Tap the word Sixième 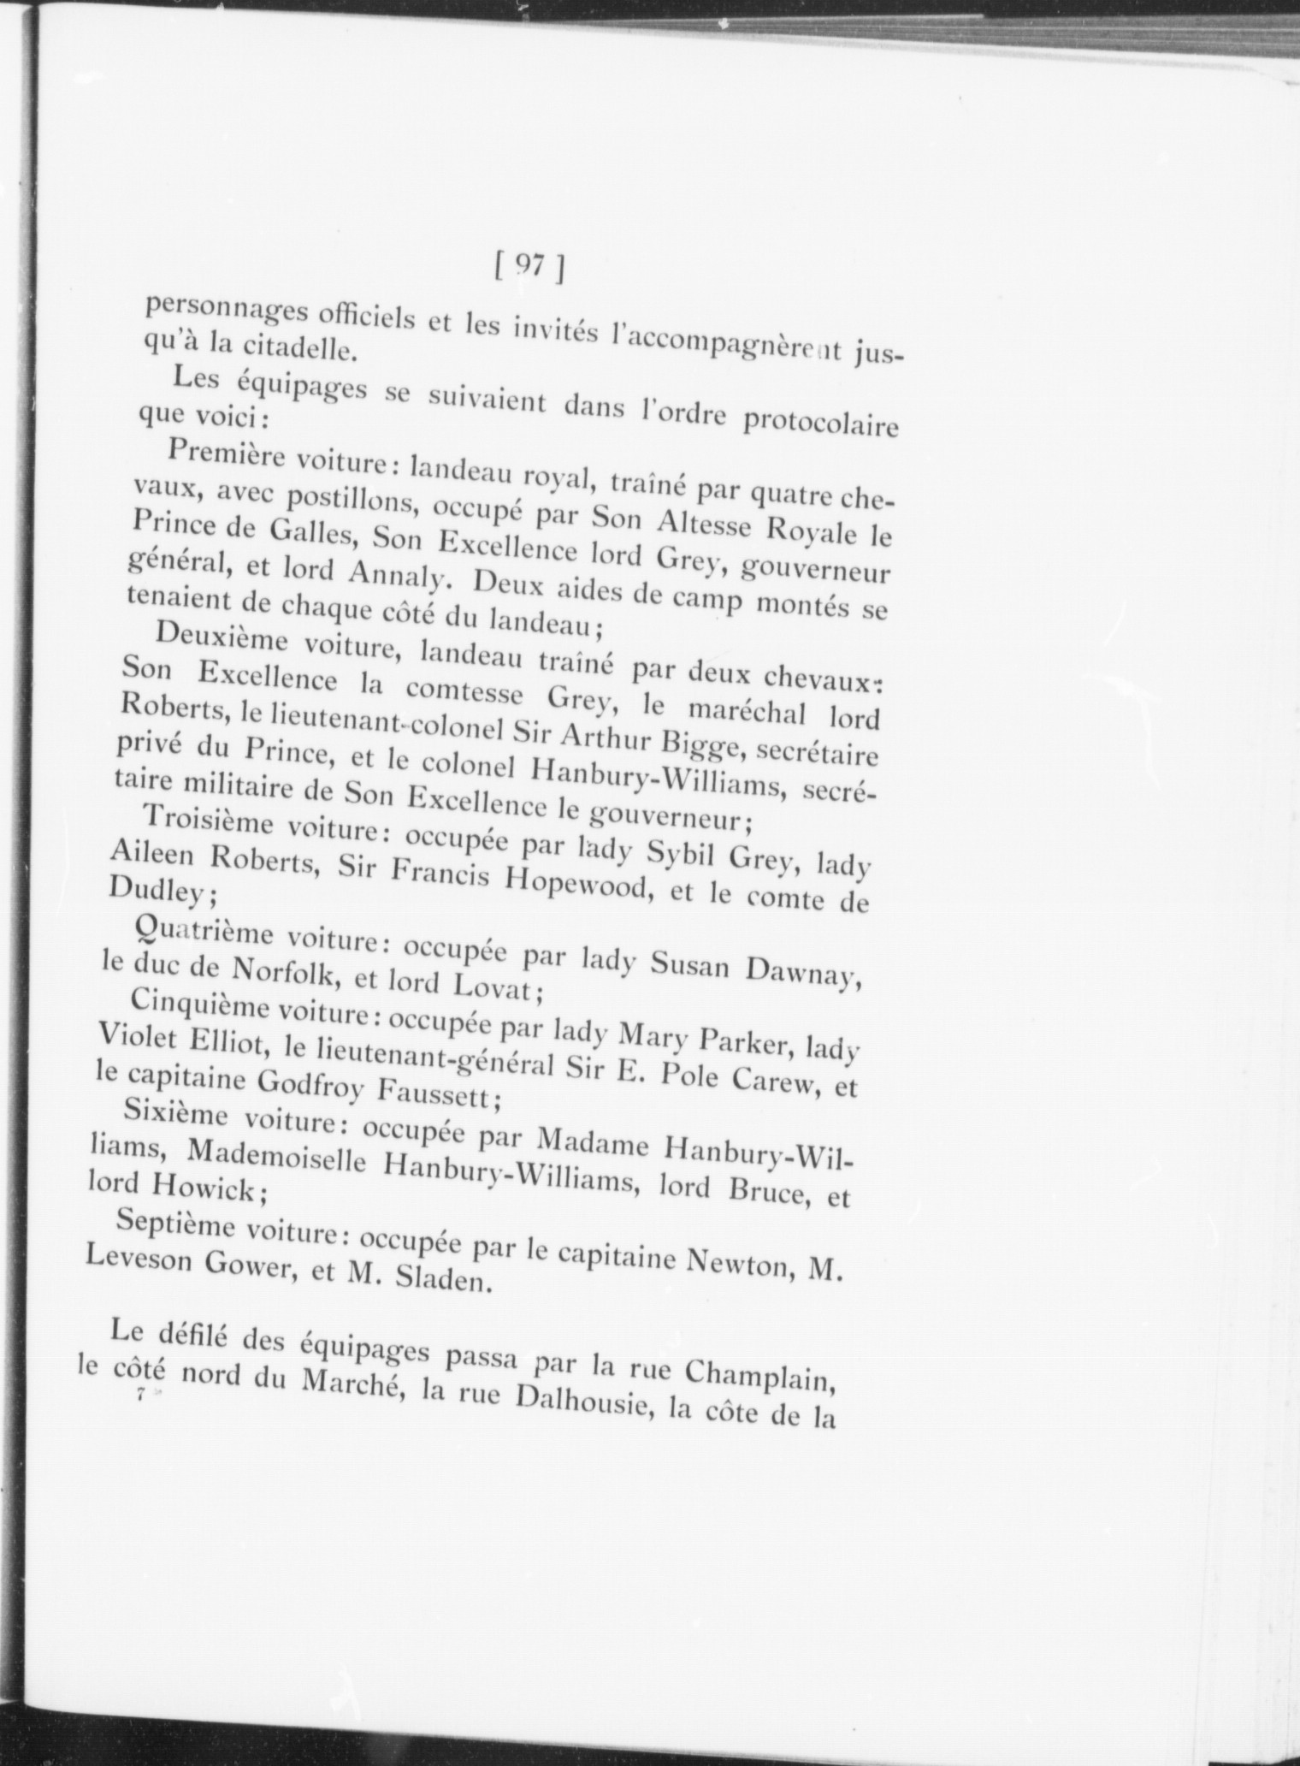[x=176, y=1113]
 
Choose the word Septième [x=175, y=1224]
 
